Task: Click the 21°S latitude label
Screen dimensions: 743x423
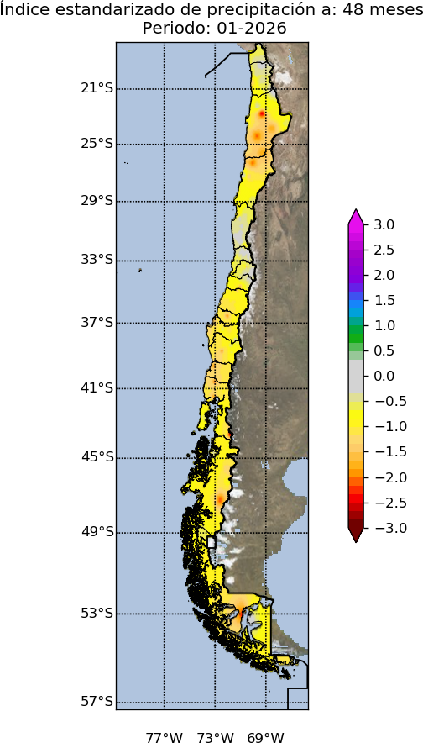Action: point(97,88)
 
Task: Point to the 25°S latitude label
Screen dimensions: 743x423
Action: point(97,143)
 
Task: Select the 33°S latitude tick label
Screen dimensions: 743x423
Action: point(97,259)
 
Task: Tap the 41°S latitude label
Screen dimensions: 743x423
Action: point(97,387)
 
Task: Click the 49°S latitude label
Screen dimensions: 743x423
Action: point(97,531)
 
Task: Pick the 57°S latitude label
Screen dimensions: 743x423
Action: point(97,701)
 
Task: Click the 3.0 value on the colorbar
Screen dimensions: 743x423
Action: point(384,224)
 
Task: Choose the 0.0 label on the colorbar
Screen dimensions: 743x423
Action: point(384,376)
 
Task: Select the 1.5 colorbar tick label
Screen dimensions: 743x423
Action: point(384,300)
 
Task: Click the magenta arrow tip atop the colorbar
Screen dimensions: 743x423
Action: point(356,215)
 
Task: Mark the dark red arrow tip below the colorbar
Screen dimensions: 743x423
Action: point(356,536)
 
